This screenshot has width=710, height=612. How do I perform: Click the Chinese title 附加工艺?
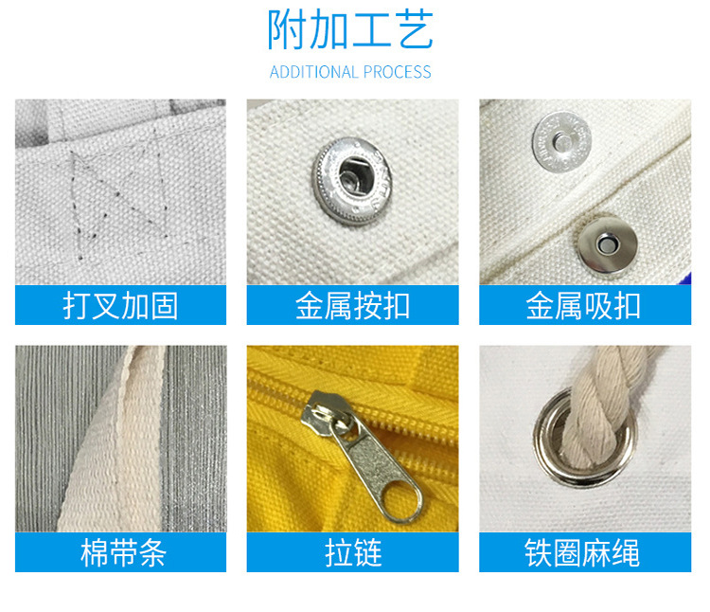click(350, 30)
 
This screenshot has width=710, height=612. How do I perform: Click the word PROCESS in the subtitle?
click(397, 72)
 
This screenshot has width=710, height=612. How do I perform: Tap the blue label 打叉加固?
click(120, 305)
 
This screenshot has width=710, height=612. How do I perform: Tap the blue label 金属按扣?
click(353, 305)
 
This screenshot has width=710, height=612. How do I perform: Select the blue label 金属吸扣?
click(585, 305)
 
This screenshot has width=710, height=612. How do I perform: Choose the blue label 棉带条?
click(120, 552)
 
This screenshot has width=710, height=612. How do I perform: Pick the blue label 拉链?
click(353, 552)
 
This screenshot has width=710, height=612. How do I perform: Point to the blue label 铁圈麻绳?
click(585, 552)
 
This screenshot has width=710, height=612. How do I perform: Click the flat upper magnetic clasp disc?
click(562, 142)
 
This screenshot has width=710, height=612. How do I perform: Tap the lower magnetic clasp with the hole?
click(607, 244)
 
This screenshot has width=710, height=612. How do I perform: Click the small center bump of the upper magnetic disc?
click(563, 142)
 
